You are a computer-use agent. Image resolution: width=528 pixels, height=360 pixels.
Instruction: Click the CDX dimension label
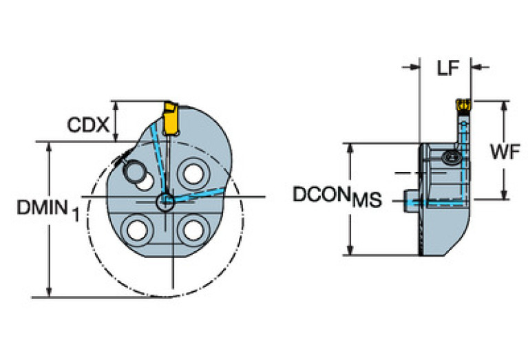point(88,125)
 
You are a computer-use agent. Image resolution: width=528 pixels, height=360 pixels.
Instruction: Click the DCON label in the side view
point(321,194)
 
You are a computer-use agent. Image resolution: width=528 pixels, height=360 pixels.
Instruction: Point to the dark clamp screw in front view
point(133,170)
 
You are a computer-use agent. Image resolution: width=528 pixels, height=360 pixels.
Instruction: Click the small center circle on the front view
point(165,201)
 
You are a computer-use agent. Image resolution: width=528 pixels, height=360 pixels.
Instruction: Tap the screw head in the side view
point(452,158)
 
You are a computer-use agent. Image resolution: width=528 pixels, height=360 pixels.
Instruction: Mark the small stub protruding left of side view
point(412,201)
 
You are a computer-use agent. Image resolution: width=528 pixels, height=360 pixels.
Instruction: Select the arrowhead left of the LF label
point(414,67)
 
